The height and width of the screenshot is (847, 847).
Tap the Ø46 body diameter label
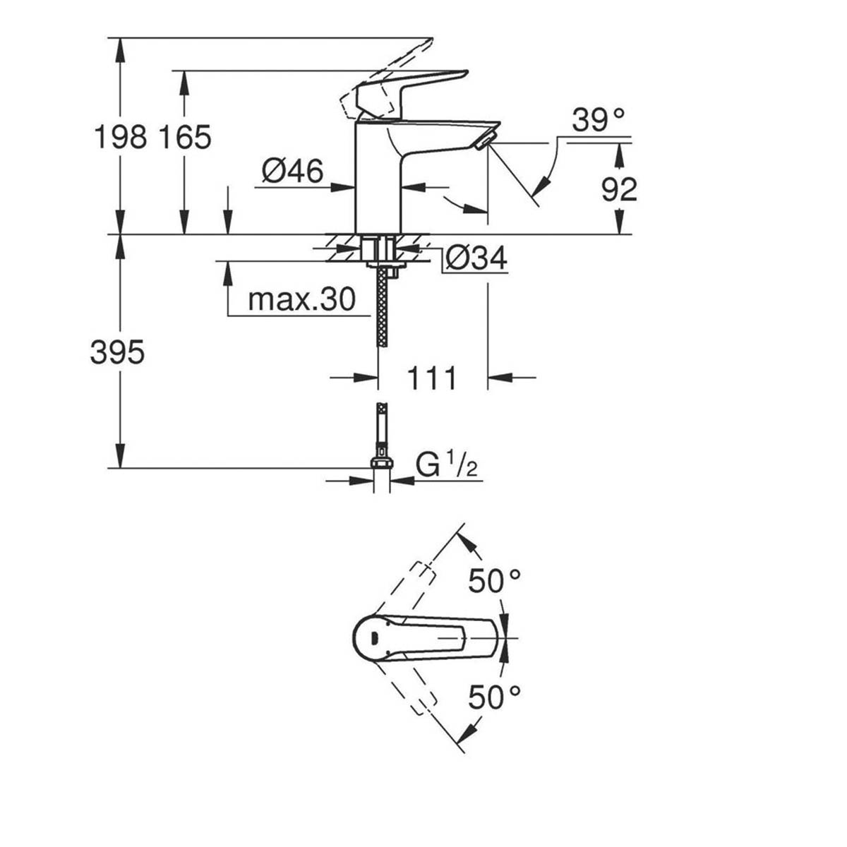point(292,172)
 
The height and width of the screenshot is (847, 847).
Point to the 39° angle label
point(599,121)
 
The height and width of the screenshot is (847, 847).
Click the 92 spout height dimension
point(620,188)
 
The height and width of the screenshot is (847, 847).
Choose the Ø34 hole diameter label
point(476,259)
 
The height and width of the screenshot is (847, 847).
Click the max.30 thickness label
point(301,301)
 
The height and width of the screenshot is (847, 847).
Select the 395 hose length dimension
point(117,352)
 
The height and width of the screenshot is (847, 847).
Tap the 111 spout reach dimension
point(432,378)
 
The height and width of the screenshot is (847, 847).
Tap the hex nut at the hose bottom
point(381,463)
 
